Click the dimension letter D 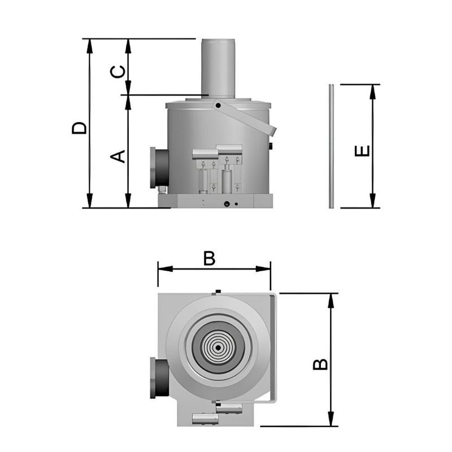point(80,127)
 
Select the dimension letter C point(117,72)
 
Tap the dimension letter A point(117,155)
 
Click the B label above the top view point(210,258)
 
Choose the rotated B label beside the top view point(320,364)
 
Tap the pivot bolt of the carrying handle point(218,105)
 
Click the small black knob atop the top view point(218,292)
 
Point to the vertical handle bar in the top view point(275,347)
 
